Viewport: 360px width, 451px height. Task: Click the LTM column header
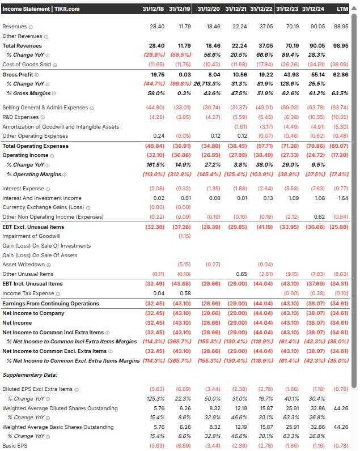(x=342, y=8)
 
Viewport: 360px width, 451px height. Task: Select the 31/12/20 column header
(x=209, y=8)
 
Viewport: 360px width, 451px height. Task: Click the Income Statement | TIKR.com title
(x=41, y=8)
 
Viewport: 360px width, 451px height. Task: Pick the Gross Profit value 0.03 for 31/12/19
(x=184, y=74)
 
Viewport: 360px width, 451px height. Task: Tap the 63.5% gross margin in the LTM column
(x=340, y=93)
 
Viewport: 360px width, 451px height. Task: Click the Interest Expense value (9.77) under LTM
(x=340, y=189)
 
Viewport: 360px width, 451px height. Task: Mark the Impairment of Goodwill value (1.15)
(x=184, y=236)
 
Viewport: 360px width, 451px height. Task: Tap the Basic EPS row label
(x=15, y=445)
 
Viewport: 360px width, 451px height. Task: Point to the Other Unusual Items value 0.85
(x=241, y=274)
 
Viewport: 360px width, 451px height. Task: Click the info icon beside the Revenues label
(x=31, y=27)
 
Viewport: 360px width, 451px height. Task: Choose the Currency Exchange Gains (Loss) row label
(x=44, y=207)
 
